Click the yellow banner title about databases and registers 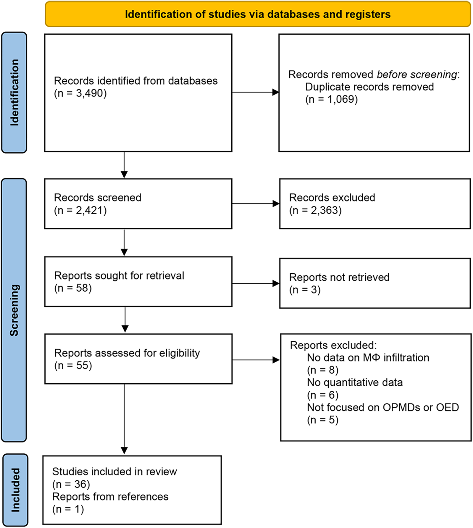257,14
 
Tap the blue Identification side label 14,92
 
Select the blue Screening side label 14,310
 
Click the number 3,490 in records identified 89,93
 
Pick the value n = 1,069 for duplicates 331,99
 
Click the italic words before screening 417,75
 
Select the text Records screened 97,197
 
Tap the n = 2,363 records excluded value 315,210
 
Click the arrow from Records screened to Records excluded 256,204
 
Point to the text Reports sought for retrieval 119,275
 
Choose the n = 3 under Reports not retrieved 305,290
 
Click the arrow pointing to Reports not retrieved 256,283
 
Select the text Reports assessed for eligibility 127,353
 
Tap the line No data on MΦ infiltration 368,358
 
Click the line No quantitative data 355,382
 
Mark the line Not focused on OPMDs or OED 383,407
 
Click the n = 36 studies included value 71,484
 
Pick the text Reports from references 110,496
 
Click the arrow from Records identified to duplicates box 256,92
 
